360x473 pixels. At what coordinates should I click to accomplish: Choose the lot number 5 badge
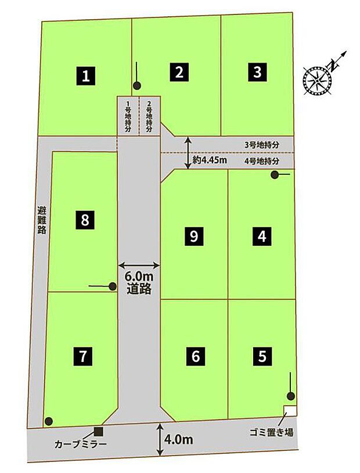coord(262,356)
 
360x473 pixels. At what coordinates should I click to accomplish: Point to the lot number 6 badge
coord(195,356)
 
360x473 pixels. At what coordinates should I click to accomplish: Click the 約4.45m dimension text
coord(210,160)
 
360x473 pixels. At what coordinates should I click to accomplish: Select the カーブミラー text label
coord(75,443)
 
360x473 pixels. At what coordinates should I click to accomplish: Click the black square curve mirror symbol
coord(98,431)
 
